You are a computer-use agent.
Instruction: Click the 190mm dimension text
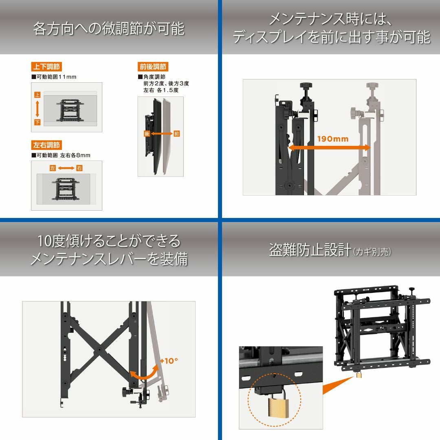(333, 139)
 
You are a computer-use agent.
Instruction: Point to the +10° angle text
(169, 361)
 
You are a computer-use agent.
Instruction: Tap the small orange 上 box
(37, 95)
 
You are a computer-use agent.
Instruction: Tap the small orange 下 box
(37, 122)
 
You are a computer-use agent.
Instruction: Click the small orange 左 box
(53, 168)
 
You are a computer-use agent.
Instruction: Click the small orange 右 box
(79, 168)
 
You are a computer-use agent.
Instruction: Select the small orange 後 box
(147, 133)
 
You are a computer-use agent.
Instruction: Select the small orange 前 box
(176, 133)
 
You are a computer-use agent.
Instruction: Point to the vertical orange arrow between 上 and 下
(37, 109)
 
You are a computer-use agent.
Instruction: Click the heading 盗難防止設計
(310, 250)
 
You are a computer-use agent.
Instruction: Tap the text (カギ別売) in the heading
(372, 252)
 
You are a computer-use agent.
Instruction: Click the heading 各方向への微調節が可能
(108, 29)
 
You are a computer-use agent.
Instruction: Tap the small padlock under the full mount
(359, 374)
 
